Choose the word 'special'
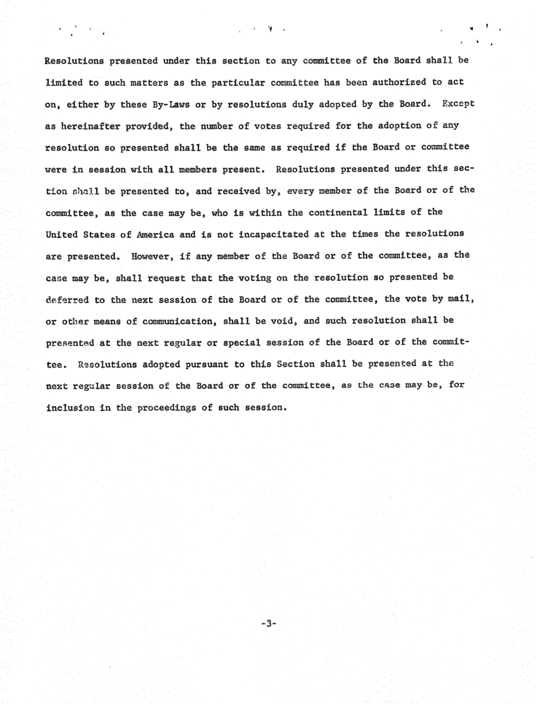[x=242, y=343]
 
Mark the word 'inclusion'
[x=70, y=408]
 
